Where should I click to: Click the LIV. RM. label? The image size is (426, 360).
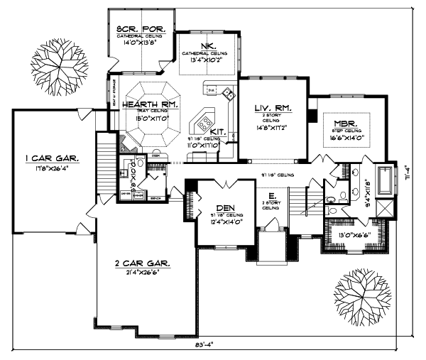click(273, 108)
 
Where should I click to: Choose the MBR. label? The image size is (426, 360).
click(344, 124)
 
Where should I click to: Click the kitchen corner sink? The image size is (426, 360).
click(228, 92)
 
